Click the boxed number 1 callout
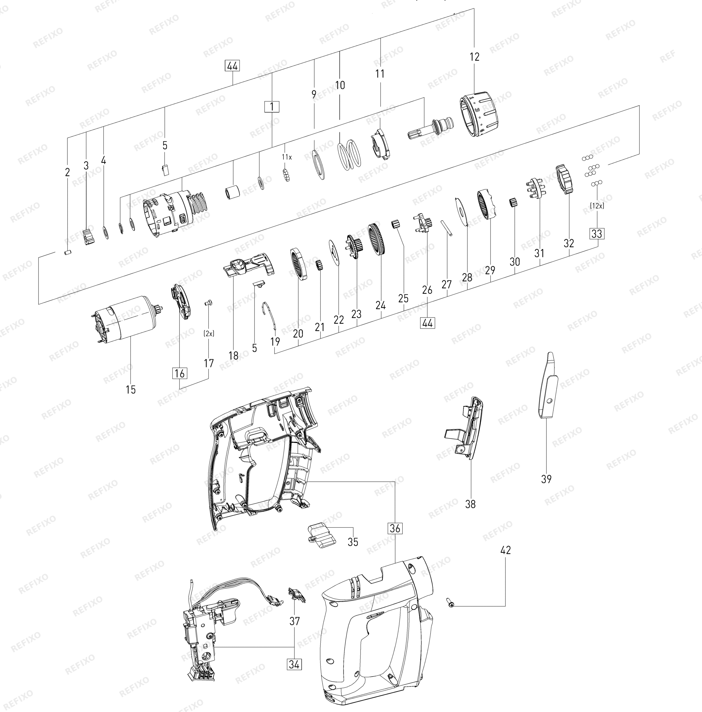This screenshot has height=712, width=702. click(x=272, y=107)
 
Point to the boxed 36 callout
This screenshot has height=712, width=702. click(x=395, y=528)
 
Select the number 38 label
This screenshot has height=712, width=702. click(x=470, y=504)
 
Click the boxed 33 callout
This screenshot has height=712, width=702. click(x=597, y=233)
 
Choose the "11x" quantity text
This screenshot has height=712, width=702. click(x=287, y=157)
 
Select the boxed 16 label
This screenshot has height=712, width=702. click(x=179, y=373)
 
